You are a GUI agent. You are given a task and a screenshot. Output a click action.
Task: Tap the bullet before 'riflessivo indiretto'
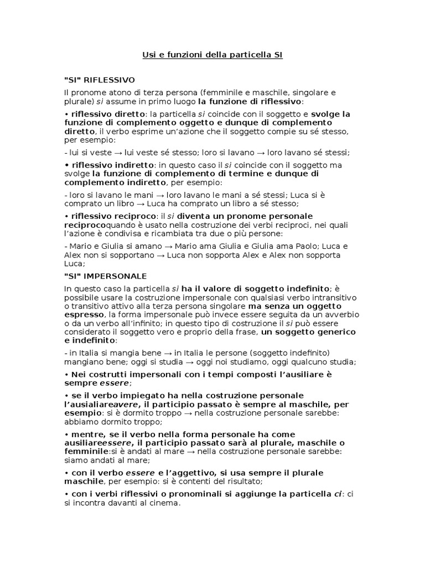click(x=66, y=165)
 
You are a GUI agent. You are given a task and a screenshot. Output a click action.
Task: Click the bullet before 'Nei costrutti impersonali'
click(x=66, y=374)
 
